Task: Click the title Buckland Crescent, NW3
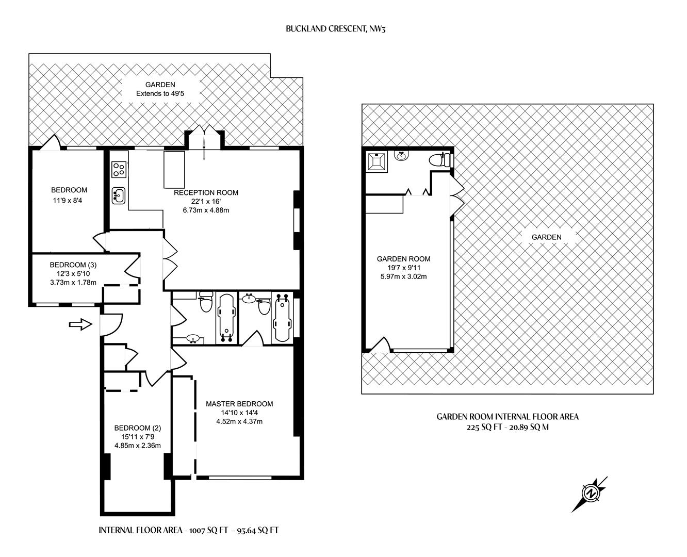click(336, 29)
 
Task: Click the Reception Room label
click(206, 192)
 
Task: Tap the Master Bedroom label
click(239, 404)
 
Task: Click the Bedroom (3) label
click(73, 265)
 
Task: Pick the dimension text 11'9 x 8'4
click(68, 201)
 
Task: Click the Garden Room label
click(403, 259)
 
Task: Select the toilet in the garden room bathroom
click(439, 159)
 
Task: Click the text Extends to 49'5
click(160, 94)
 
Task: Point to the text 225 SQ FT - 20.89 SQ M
click(508, 428)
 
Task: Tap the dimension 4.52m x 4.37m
click(239, 421)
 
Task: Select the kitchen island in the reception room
click(174, 170)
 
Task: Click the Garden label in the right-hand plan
click(546, 237)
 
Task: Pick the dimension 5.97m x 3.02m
click(403, 276)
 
